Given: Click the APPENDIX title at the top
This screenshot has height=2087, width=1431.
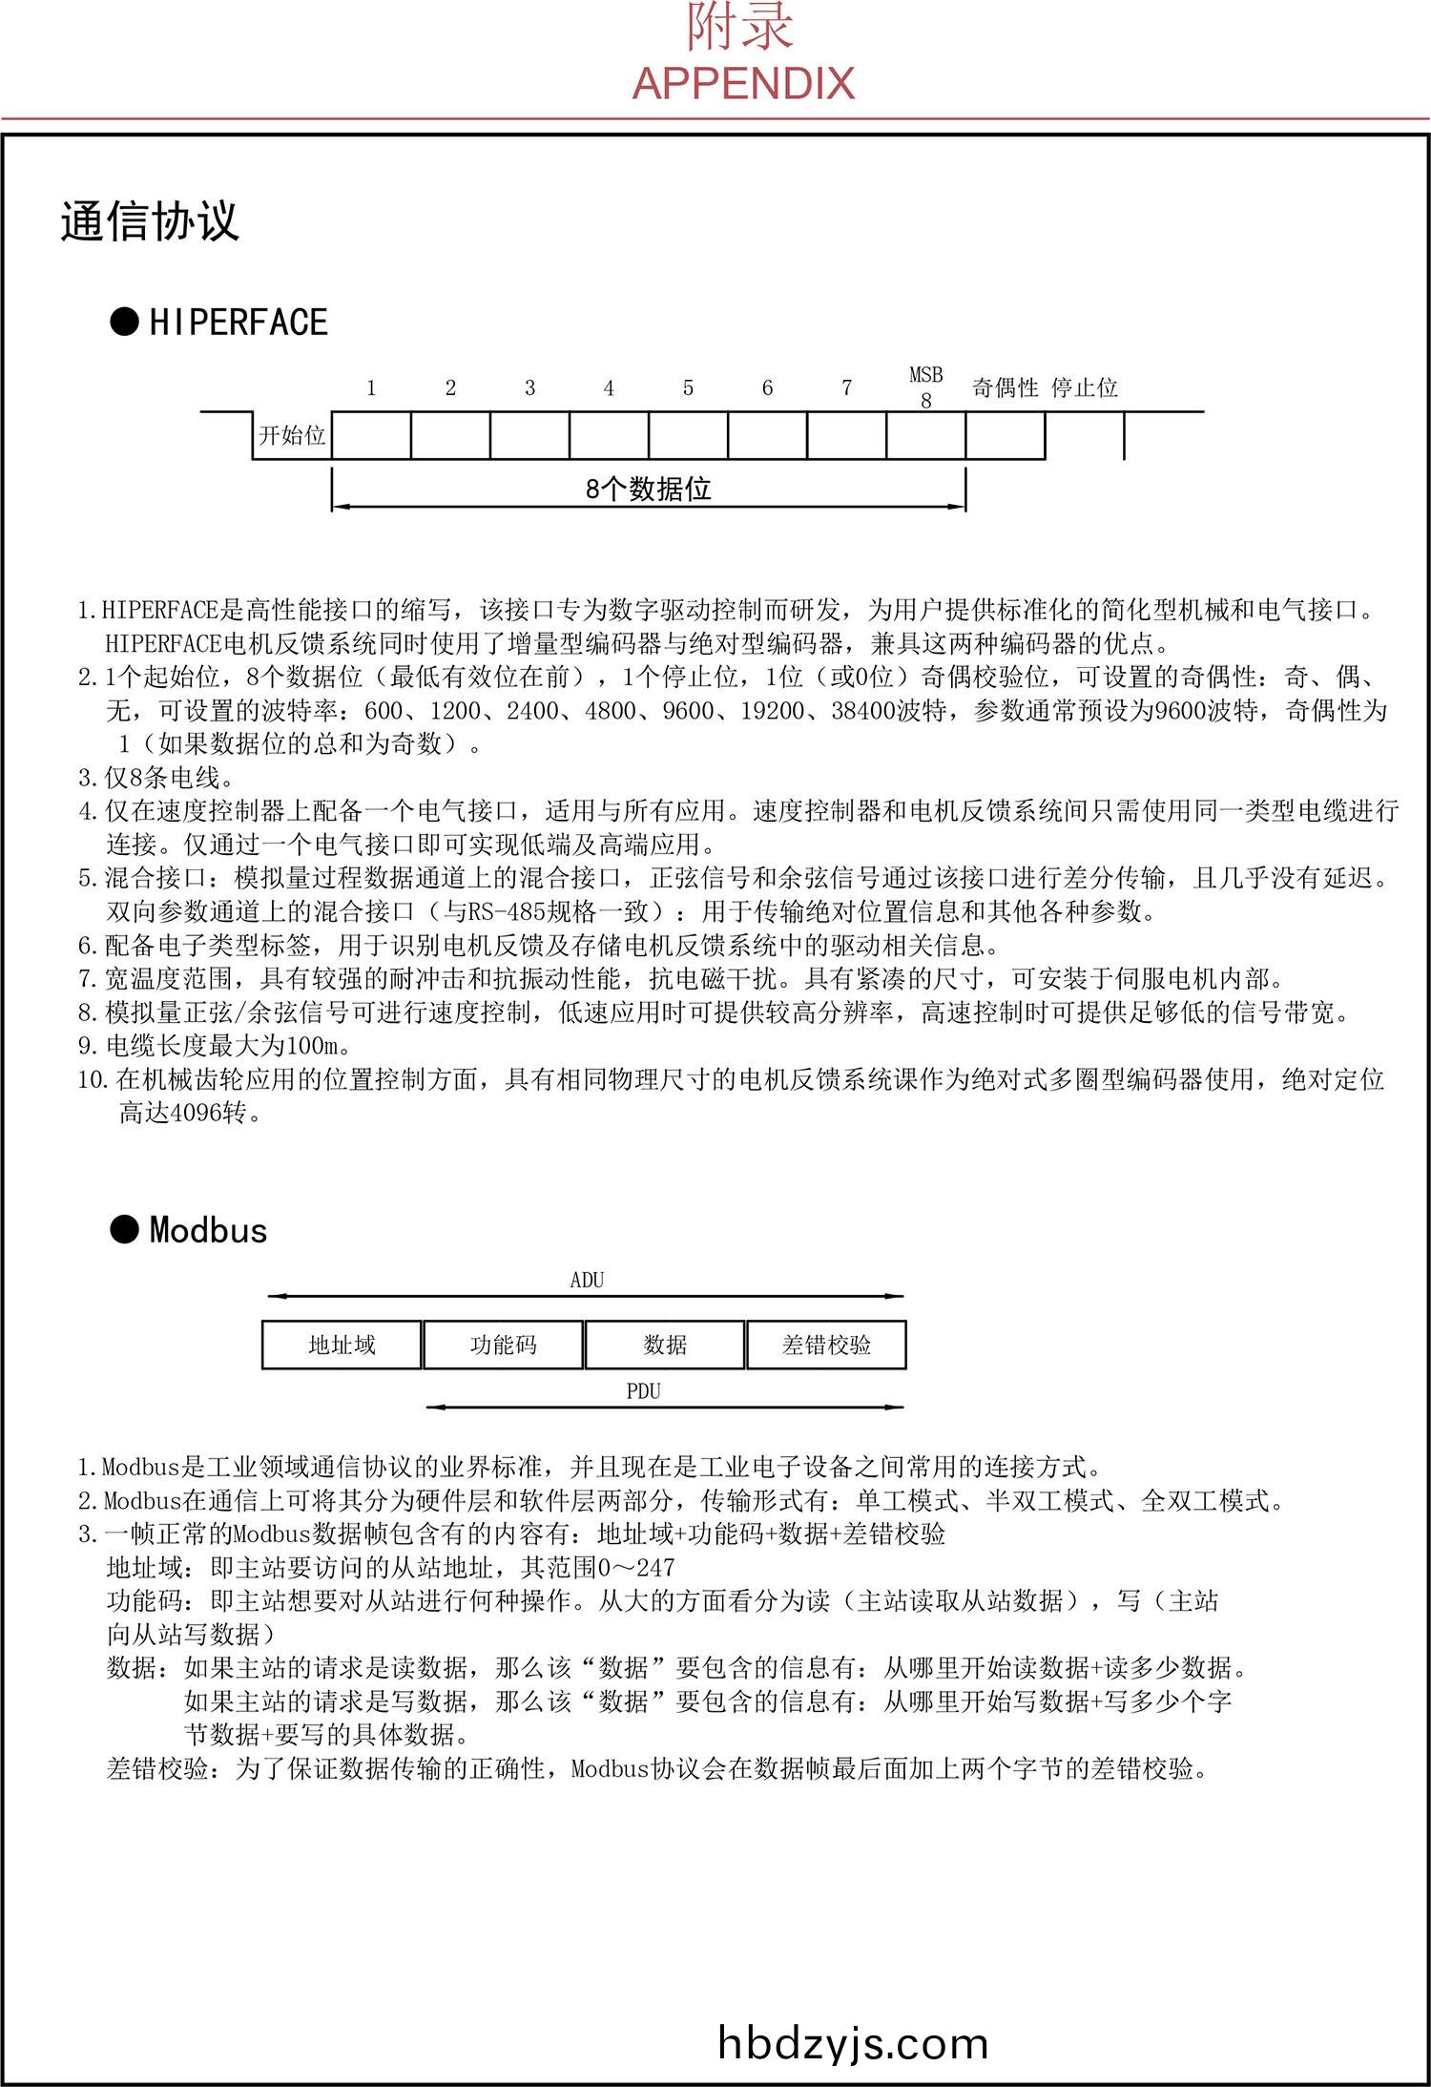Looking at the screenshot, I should pos(743,84).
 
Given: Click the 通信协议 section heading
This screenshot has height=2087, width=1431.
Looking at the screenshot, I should pos(149,221).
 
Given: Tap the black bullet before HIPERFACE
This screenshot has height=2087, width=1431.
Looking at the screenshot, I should pos(125,323).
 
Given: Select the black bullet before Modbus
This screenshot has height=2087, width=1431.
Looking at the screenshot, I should pos(125,1230).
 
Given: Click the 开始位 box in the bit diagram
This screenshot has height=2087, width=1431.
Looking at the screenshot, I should pos(292,436).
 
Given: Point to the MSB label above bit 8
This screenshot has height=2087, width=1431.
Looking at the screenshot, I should pos(925,375).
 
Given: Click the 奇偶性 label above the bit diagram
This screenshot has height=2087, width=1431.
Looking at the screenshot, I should pos(1005,387).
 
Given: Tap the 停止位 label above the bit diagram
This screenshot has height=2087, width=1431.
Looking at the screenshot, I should pos(1084,387).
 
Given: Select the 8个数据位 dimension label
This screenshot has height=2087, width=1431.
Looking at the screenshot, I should pos(649,490).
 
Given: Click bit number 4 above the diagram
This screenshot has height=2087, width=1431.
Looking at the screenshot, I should pos(609,388).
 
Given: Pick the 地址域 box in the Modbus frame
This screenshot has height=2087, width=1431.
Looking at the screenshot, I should pos(342,1346).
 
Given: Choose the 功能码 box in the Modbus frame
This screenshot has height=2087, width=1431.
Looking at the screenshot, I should pos(503,1346).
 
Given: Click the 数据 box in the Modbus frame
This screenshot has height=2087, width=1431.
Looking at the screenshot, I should pos(665,1346).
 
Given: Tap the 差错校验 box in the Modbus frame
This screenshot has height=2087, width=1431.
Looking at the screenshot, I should pos(826,1346).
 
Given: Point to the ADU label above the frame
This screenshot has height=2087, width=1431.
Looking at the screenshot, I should pos(587,1281).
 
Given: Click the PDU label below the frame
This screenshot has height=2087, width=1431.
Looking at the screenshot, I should pos(643,1391).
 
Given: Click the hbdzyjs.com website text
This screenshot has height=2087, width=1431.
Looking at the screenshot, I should pos(852,2043).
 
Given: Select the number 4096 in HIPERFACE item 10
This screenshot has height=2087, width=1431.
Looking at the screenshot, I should pos(196,1113).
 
